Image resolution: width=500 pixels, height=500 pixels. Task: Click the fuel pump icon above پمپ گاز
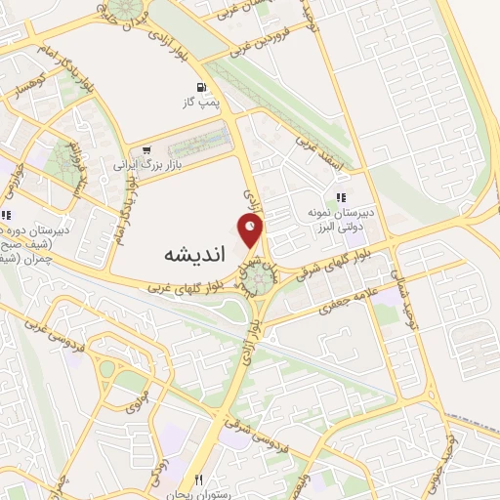point(202,86)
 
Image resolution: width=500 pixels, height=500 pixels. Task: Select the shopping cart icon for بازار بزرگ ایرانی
point(146,150)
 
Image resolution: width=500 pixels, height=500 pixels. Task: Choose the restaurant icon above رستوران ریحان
point(198,480)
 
